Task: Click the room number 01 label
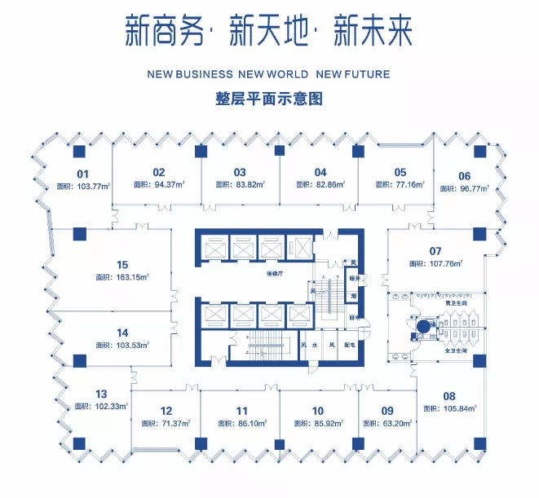[x=82, y=174]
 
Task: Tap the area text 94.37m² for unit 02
[x=168, y=185]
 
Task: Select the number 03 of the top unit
[x=240, y=172]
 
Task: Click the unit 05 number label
[x=400, y=172]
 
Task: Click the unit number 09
[x=387, y=411]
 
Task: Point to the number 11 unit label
[x=242, y=411]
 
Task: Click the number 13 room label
[x=101, y=394]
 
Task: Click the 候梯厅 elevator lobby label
[x=274, y=275]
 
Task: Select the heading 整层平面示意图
[x=269, y=99]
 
